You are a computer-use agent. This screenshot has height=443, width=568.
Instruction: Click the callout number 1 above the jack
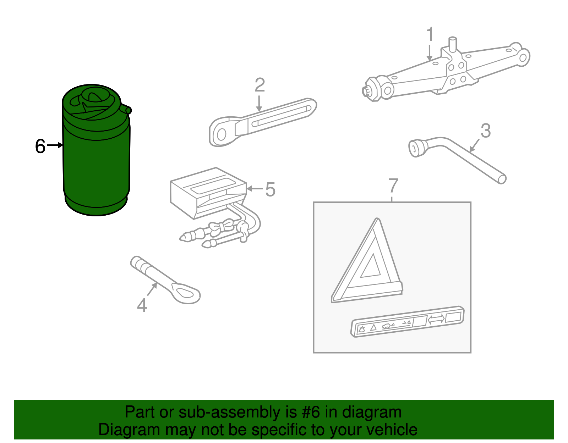point(430,34)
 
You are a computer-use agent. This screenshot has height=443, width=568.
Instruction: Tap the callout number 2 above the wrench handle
point(260,85)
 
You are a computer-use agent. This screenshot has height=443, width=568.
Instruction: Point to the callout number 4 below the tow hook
point(142,305)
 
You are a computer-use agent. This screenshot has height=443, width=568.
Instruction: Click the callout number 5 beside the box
point(270,189)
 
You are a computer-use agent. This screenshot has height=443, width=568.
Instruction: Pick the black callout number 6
point(40,146)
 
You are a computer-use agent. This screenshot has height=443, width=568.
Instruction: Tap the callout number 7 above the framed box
point(393,185)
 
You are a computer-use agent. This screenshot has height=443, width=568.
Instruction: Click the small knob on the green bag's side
point(127,110)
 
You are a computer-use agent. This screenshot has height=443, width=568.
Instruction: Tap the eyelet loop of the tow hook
point(186,293)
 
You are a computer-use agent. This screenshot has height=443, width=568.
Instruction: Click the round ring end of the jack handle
point(222,134)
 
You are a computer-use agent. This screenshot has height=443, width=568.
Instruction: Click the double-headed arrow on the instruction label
point(436,319)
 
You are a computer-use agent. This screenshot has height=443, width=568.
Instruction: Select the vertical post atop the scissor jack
point(453,44)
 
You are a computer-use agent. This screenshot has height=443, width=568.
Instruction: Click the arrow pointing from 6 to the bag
point(55,145)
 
